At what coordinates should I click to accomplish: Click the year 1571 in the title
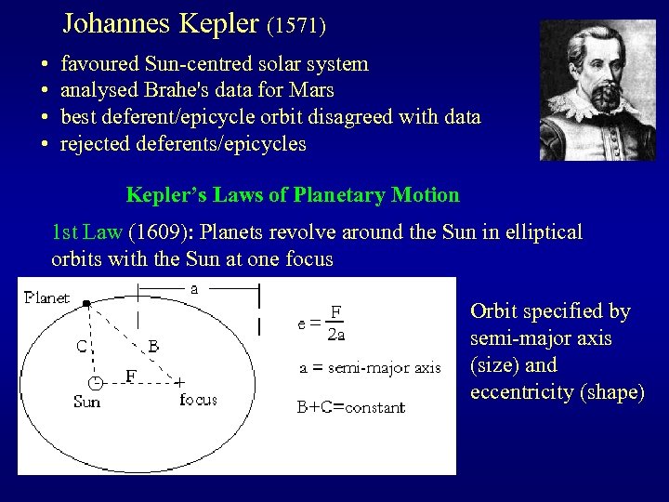tap(296, 25)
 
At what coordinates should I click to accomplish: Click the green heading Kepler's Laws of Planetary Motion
tap(293, 195)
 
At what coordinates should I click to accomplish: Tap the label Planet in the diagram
tap(46, 298)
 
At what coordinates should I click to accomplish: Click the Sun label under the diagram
tap(87, 402)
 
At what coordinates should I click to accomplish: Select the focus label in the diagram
tap(198, 400)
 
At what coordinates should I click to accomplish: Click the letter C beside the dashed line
tap(82, 346)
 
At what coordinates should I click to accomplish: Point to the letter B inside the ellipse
tap(154, 346)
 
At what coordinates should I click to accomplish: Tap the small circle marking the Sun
tap(96, 383)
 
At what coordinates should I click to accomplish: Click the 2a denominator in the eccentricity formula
tap(335, 335)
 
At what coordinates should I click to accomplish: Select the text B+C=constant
tap(351, 407)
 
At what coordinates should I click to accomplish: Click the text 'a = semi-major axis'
tap(370, 367)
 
